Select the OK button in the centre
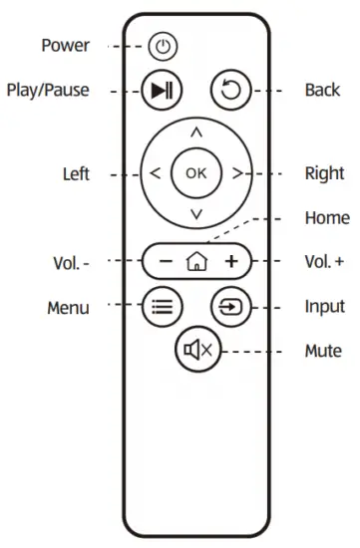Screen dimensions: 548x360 pos(196,172)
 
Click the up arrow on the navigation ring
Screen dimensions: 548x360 pos(196,132)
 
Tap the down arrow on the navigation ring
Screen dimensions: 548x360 pos(196,214)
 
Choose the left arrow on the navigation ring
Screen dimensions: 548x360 pos(156,173)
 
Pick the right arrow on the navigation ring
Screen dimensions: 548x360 pos(237,173)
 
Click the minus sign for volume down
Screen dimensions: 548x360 pos(165,262)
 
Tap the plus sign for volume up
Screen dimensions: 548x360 pos(230,262)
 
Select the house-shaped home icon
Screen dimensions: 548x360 pos(196,262)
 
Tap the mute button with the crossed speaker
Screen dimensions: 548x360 pos(196,350)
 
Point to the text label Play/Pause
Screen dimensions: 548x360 pos(48,91)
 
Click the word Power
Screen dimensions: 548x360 pos(65,46)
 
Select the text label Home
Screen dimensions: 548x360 pos(326,218)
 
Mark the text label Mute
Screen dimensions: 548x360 pos(322,351)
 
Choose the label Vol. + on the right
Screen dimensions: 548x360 pos(324,262)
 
